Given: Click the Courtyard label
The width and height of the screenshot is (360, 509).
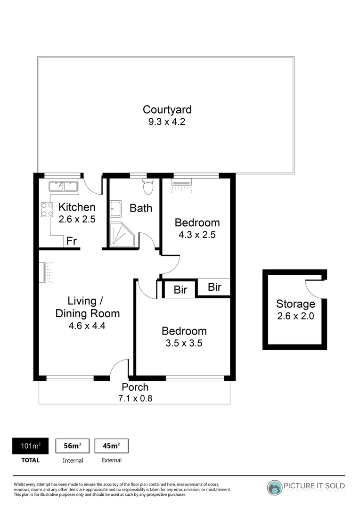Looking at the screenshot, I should tap(167, 110).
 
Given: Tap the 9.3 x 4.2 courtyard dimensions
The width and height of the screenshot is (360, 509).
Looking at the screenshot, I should tap(167, 122).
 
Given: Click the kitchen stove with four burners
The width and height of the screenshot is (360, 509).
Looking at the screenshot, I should tap(47, 209).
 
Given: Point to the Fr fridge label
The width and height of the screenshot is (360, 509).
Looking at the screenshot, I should tap(72, 241).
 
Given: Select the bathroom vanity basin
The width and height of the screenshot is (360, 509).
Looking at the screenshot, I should tap(115, 207).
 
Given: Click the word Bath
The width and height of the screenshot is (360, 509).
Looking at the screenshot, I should tap(141, 208).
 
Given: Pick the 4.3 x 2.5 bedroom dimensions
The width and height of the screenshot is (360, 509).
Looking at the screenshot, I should tap(197, 234).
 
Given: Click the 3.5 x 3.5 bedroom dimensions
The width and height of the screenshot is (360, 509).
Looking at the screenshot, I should tap(184, 343).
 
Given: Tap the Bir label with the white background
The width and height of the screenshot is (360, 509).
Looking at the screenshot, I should tap(180, 290).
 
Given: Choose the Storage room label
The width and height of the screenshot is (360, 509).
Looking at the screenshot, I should tap(295, 304).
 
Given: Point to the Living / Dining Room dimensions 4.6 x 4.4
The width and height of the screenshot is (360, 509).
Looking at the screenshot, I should tap(87, 325).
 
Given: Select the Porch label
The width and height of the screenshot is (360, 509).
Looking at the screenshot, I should tap(135, 387).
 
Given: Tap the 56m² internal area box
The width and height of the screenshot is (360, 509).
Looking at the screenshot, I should tap(73, 446).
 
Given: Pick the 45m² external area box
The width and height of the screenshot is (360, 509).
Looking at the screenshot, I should tap(112, 446).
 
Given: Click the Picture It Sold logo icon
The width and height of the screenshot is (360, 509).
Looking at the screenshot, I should tap(275, 487).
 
